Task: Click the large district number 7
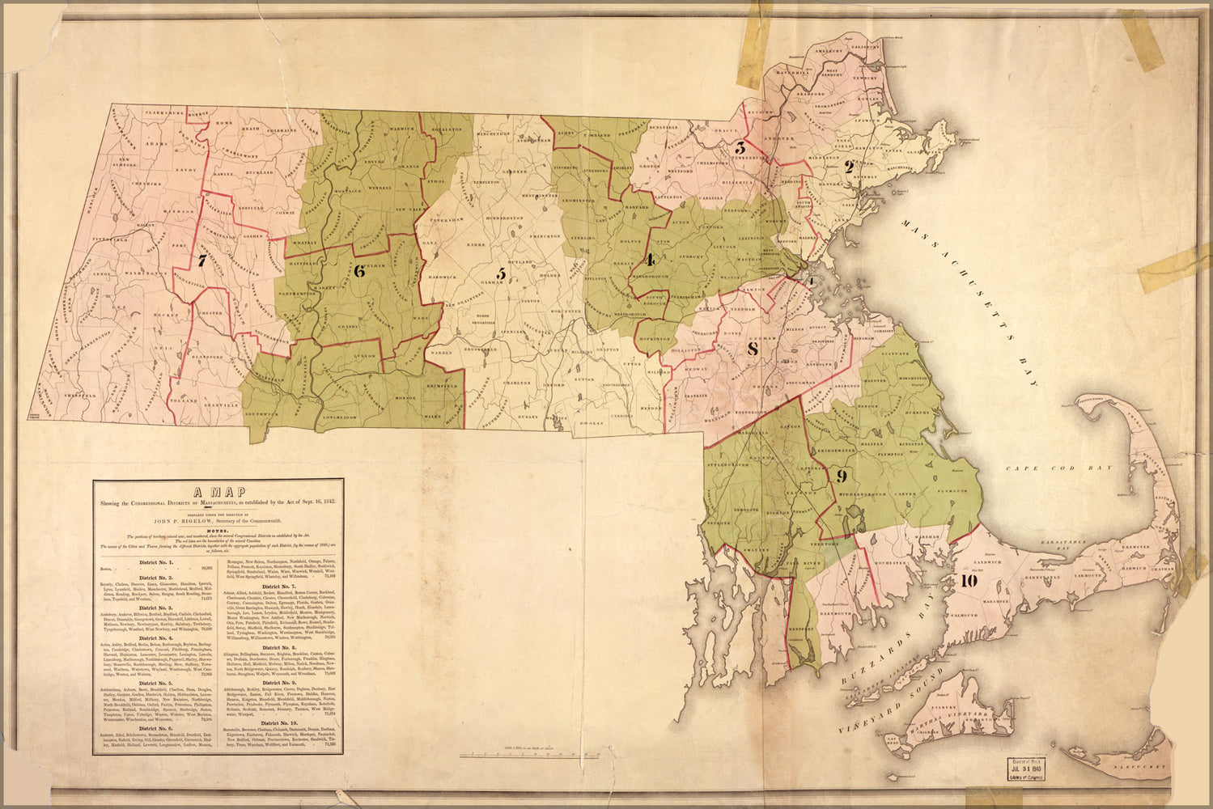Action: [x=201, y=261]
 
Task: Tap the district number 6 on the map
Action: [x=360, y=272]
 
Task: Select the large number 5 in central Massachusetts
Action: [x=501, y=274]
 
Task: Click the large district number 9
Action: [x=842, y=475]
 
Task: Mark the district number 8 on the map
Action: [x=753, y=349]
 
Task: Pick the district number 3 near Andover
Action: [x=740, y=148]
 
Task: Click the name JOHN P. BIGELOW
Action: [x=218, y=521]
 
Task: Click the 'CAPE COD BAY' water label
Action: [x=1060, y=468]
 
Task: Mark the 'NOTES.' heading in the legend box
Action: [x=218, y=530]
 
